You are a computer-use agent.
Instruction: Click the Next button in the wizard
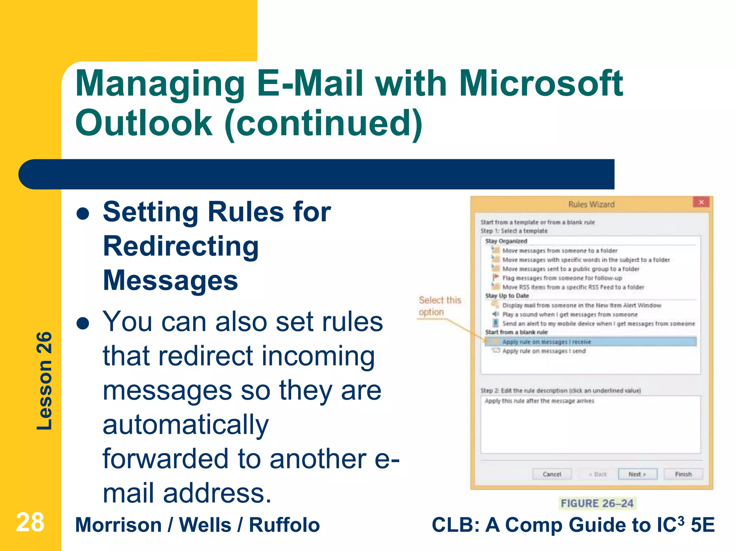[x=637, y=474]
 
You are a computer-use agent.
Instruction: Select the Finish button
[x=683, y=474]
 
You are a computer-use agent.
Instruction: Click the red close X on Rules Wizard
[x=701, y=202]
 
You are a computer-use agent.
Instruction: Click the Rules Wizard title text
[x=591, y=204]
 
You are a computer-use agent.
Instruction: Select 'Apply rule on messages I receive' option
[x=546, y=342]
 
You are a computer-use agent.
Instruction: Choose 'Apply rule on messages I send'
[x=544, y=351]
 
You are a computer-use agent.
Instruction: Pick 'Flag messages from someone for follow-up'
[x=562, y=278]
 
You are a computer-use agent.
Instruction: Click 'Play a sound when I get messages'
[x=570, y=315]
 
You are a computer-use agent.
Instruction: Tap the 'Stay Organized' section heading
[x=506, y=241]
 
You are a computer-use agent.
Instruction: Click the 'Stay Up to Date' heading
[x=507, y=296]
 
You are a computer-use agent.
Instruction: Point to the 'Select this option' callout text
[x=440, y=306]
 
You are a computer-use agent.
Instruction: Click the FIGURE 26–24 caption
[x=597, y=503]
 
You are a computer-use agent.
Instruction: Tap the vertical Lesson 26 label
[x=45, y=381]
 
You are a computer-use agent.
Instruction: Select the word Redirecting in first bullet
[x=181, y=246]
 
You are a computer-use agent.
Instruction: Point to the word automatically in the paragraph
[x=186, y=425]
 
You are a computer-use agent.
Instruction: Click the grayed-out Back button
[x=598, y=474]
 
